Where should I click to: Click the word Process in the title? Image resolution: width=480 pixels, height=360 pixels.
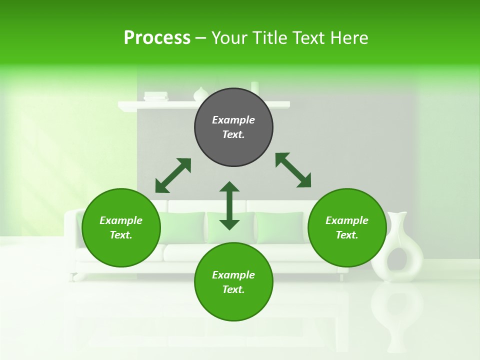point(157,38)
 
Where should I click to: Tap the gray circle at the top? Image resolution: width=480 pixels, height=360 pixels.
point(233,127)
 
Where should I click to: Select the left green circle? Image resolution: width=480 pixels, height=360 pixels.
point(121,228)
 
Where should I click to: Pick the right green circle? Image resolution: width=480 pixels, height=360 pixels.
point(347,228)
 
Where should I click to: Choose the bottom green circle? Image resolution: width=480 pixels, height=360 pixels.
point(233,282)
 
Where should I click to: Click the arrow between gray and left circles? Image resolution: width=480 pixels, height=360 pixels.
point(173,175)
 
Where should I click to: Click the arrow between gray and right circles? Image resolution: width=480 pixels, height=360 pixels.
point(293,170)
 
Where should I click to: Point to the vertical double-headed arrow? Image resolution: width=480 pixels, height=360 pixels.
point(229,205)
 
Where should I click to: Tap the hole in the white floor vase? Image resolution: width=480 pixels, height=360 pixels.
point(399,259)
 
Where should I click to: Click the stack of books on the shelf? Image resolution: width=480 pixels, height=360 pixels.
point(156,96)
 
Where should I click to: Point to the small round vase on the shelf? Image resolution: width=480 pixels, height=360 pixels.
point(200,94)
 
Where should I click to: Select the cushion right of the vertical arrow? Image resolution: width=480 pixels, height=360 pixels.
point(280,227)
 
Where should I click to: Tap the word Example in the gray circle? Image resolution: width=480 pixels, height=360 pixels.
point(233,120)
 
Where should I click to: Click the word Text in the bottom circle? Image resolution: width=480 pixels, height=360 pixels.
point(233,289)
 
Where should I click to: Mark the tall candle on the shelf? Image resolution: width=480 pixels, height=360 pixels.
point(254,87)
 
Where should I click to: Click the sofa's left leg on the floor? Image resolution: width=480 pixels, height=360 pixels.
point(75,276)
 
